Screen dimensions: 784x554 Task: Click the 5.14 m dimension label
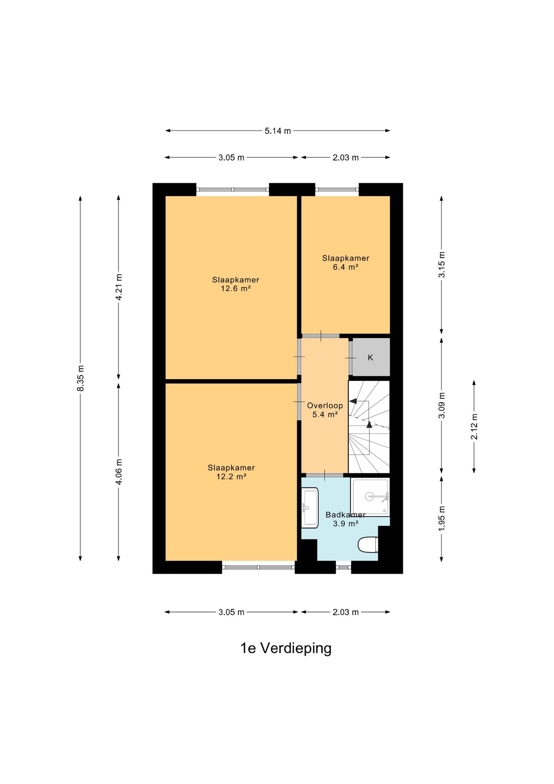277,131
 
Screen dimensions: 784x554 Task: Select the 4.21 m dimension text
119,287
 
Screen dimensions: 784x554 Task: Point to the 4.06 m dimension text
119,472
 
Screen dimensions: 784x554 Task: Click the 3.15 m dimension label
441,265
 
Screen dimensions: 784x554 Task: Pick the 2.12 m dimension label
474,427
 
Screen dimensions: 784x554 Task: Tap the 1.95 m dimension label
441,519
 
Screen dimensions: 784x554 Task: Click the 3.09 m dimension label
441,405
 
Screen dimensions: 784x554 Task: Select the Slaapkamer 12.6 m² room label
235,284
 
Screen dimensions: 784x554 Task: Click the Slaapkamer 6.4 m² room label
346,263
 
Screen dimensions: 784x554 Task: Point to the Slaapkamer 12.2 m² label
231,472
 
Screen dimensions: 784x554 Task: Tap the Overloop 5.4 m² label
325,410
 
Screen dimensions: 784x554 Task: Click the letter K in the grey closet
370,358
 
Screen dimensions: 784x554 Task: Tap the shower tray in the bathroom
370,497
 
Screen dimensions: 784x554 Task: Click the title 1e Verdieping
286,648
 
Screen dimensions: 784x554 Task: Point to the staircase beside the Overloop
369,427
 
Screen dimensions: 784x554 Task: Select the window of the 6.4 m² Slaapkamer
337,189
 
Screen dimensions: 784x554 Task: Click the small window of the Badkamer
343,567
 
